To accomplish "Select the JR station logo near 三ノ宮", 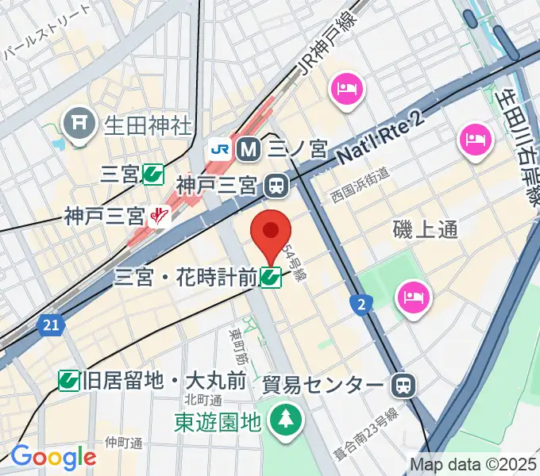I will pos(221,148).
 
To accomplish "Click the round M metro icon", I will pos(248,148).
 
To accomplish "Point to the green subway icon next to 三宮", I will pos(153,175).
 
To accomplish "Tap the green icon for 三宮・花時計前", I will pos(271,277).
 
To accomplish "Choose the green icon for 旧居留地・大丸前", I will pos(69,382).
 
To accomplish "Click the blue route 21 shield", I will pos(51,324).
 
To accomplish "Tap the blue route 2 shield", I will pos(361,303).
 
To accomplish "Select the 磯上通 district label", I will pos(426,230).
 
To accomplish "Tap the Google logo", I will pos(52,458).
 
